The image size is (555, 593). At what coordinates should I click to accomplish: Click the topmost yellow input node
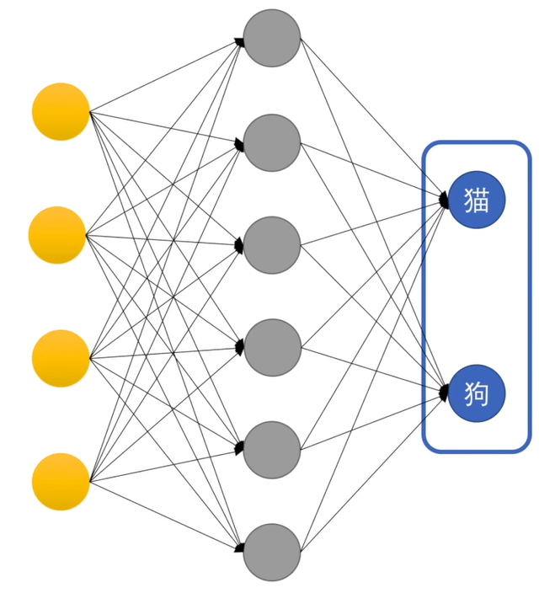pos(61,111)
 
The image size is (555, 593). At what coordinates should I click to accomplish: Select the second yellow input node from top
pos(57,235)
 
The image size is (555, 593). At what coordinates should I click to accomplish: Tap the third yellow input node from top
pos(61,359)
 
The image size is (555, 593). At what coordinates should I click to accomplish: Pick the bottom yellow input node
pos(61,482)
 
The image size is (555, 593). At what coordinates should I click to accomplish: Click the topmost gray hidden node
pos(272,38)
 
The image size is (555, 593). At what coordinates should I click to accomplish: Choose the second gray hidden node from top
pos(272,142)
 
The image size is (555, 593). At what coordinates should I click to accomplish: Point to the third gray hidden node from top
pos(272,245)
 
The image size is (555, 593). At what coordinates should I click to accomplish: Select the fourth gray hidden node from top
pos(272,347)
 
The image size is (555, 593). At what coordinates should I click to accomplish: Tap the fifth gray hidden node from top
pos(272,450)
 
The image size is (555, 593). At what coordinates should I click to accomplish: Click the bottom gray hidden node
pos(272,553)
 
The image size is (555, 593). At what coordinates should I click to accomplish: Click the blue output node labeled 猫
pos(477,200)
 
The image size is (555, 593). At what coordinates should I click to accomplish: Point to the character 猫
pos(477,200)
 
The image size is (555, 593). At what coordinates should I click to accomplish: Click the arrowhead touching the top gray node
pos(241,40)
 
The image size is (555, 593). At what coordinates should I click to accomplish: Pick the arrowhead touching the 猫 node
pos(444,200)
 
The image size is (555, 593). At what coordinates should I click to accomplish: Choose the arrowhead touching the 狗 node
pos(444,393)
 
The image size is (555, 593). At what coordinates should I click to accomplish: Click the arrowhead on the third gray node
pos(240,246)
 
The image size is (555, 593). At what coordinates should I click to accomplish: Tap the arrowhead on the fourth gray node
pos(240,347)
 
